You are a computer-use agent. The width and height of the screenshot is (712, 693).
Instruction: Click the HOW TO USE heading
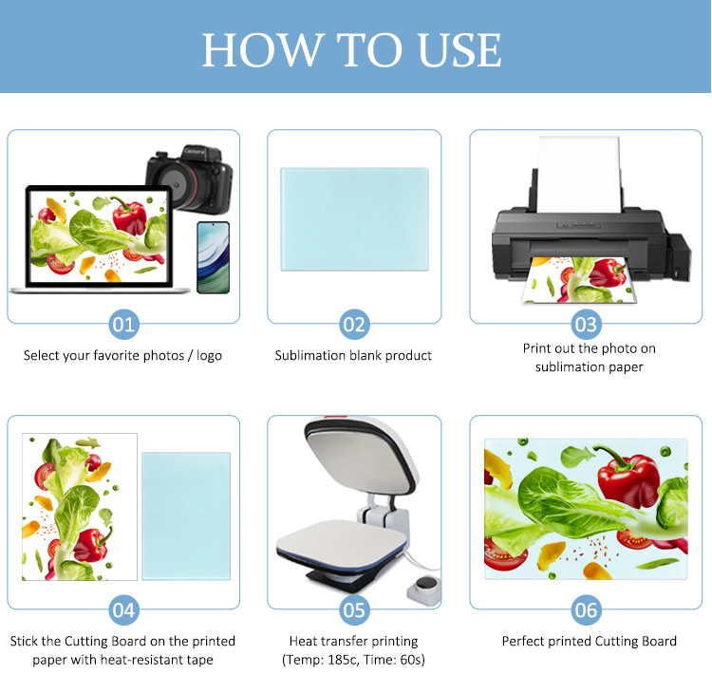(x=351, y=49)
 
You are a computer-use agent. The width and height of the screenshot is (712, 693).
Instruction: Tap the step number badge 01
(x=123, y=325)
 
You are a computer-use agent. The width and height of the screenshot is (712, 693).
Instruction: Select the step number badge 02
(x=354, y=325)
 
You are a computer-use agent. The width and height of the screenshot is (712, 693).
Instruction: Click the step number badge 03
(x=586, y=325)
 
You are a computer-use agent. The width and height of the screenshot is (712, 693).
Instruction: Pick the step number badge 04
(x=123, y=609)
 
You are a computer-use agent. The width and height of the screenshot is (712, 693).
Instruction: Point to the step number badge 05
(x=354, y=609)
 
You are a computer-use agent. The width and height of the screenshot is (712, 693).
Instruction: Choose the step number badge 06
(x=586, y=609)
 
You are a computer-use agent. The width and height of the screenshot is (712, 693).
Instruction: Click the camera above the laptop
(x=191, y=178)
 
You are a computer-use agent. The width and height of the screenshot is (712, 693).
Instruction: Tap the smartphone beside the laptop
(x=213, y=257)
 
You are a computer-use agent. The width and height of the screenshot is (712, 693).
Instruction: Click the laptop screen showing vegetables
(x=99, y=236)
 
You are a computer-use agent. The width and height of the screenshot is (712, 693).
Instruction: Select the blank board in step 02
(x=354, y=219)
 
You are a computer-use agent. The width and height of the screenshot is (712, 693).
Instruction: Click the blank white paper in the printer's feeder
(x=579, y=175)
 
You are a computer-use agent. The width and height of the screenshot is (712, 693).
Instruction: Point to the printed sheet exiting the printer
(x=579, y=280)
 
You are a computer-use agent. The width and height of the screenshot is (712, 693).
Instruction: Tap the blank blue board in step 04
(x=186, y=515)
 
